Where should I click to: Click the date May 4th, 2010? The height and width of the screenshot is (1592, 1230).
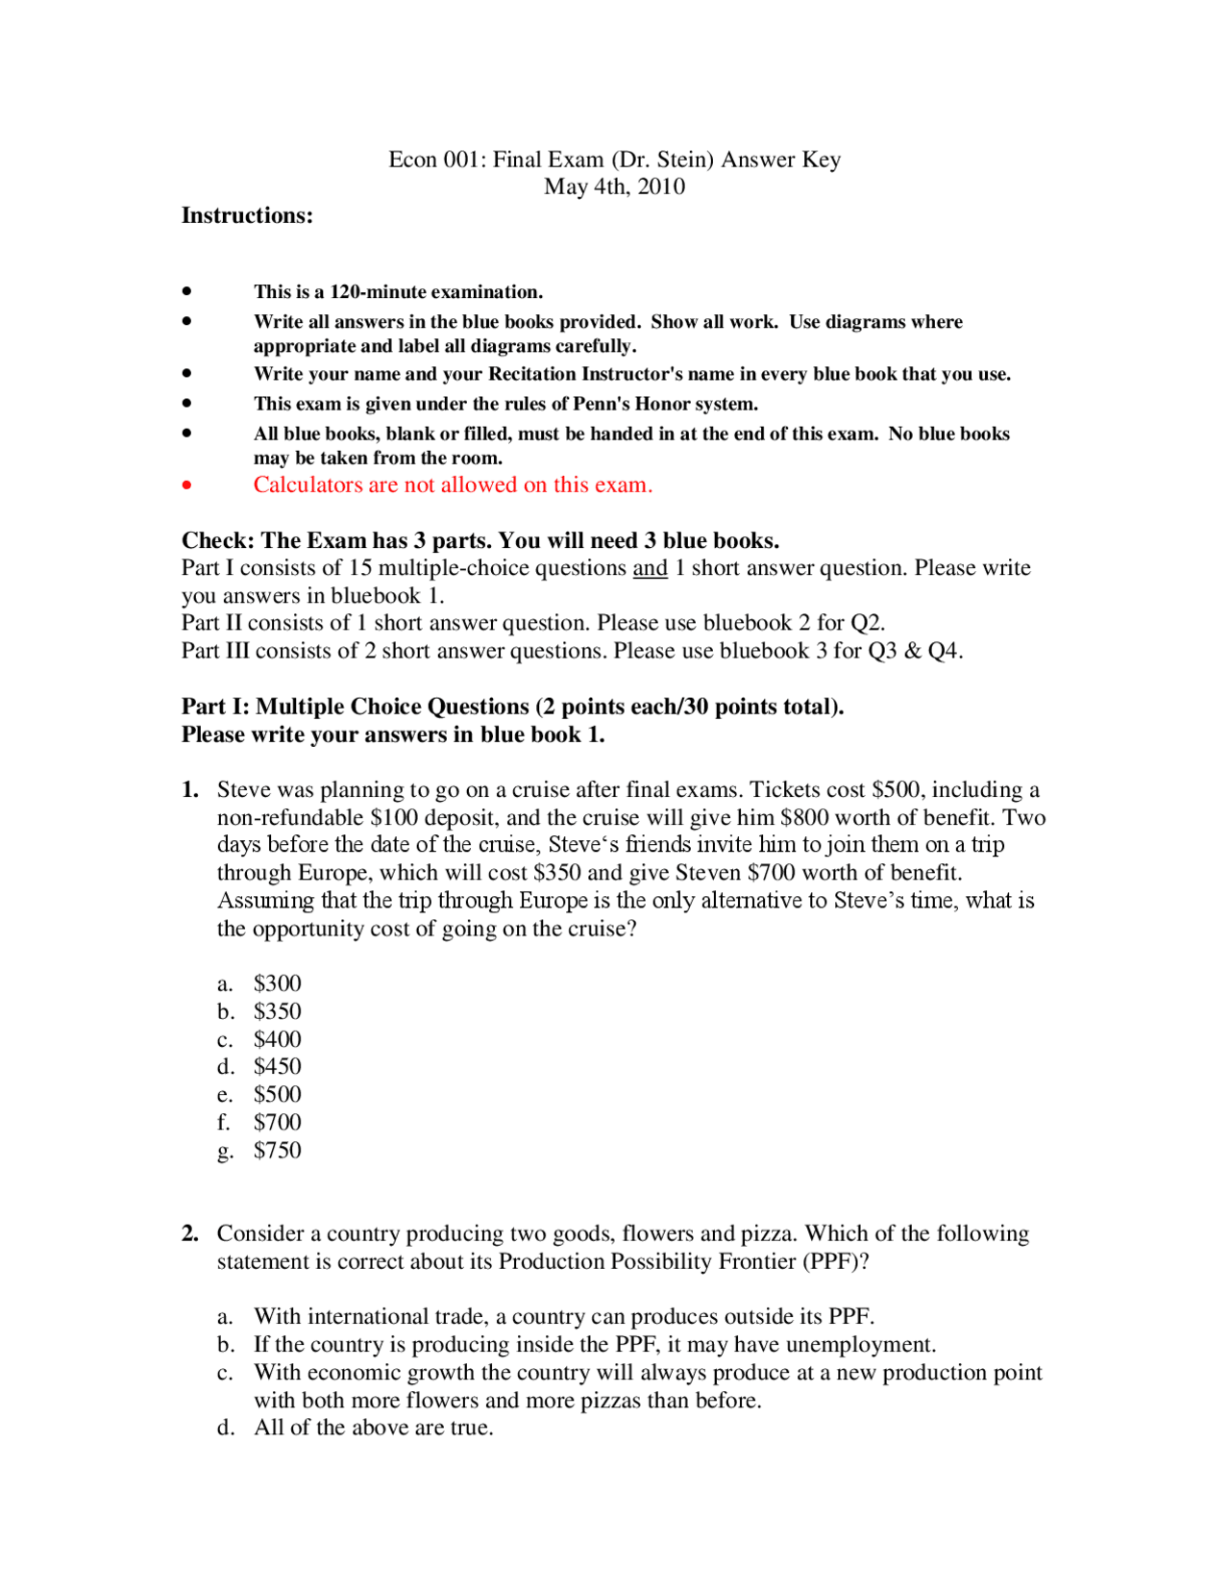click(614, 187)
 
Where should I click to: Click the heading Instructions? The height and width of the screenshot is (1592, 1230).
click(247, 215)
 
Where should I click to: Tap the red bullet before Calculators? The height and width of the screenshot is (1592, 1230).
click(186, 485)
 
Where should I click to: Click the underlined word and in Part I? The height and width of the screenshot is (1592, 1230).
click(650, 568)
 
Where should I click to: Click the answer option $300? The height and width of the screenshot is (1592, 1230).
click(277, 983)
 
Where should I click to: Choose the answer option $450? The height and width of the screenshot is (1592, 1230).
click(277, 1066)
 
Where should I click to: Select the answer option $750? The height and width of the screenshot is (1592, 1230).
click(277, 1150)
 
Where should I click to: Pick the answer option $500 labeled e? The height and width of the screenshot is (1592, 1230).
click(277, 1094)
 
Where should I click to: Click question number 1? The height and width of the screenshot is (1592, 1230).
click(189, 790)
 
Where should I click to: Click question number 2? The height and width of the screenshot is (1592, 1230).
click(189, 1233)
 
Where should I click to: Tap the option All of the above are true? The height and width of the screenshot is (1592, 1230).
click(373, 1428)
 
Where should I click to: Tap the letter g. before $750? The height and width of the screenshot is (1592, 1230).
click(225, 1151)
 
